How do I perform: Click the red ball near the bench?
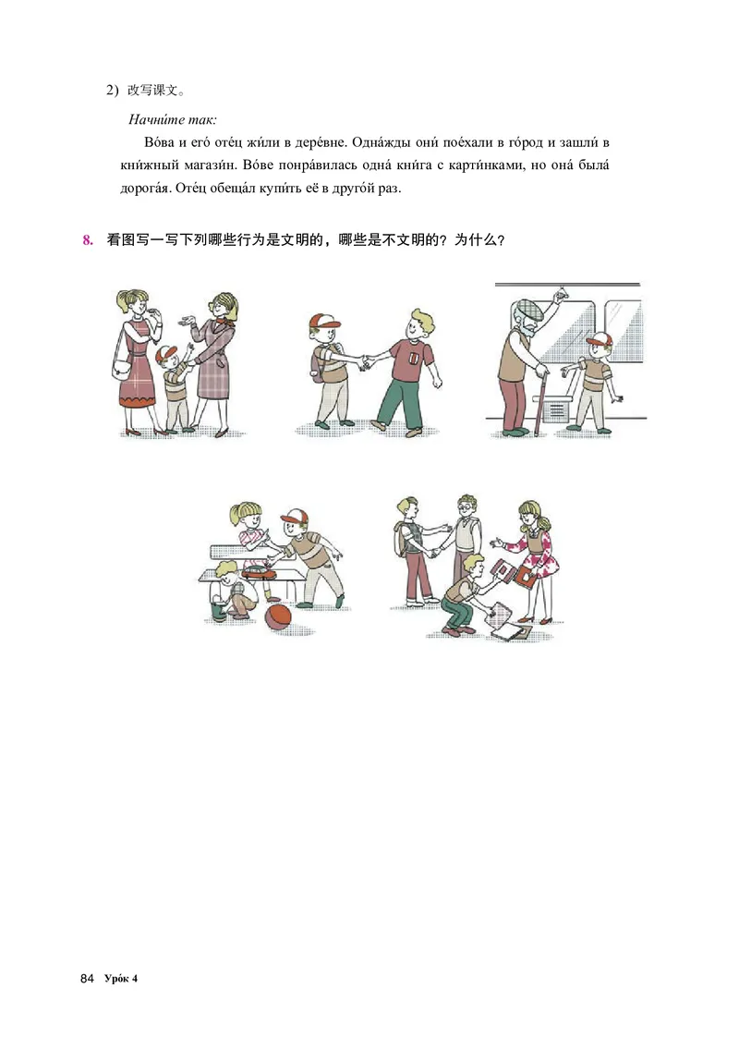277,617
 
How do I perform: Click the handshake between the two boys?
362,362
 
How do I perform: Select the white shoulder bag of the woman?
120,368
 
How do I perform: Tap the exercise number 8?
89,241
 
